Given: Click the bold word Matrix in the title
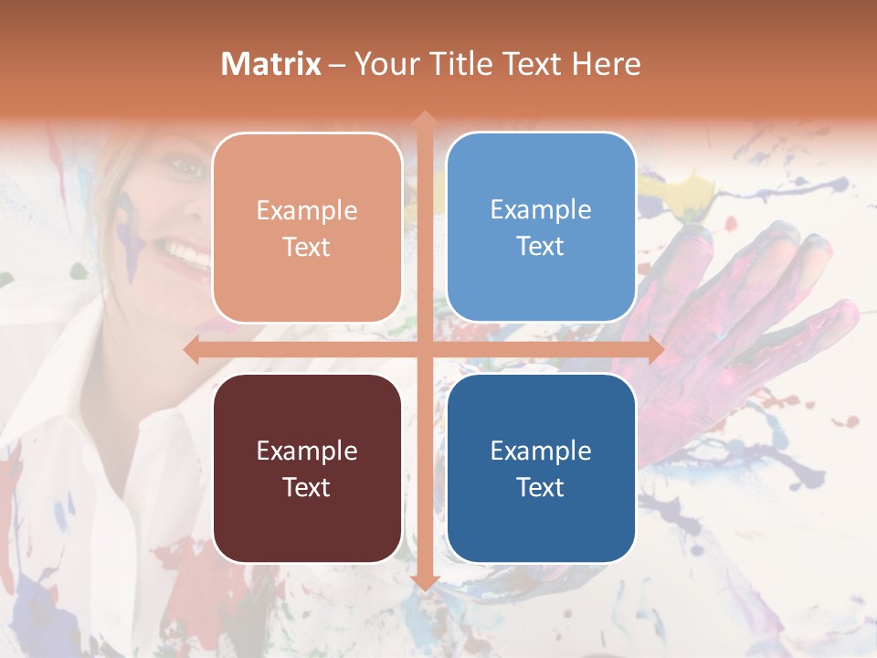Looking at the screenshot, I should point(270,64).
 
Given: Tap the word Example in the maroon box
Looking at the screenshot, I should point(307,451).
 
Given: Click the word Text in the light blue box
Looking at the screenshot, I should point(541,247).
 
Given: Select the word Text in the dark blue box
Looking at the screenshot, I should point(541,487).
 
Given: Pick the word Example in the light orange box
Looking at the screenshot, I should point(307,210).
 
